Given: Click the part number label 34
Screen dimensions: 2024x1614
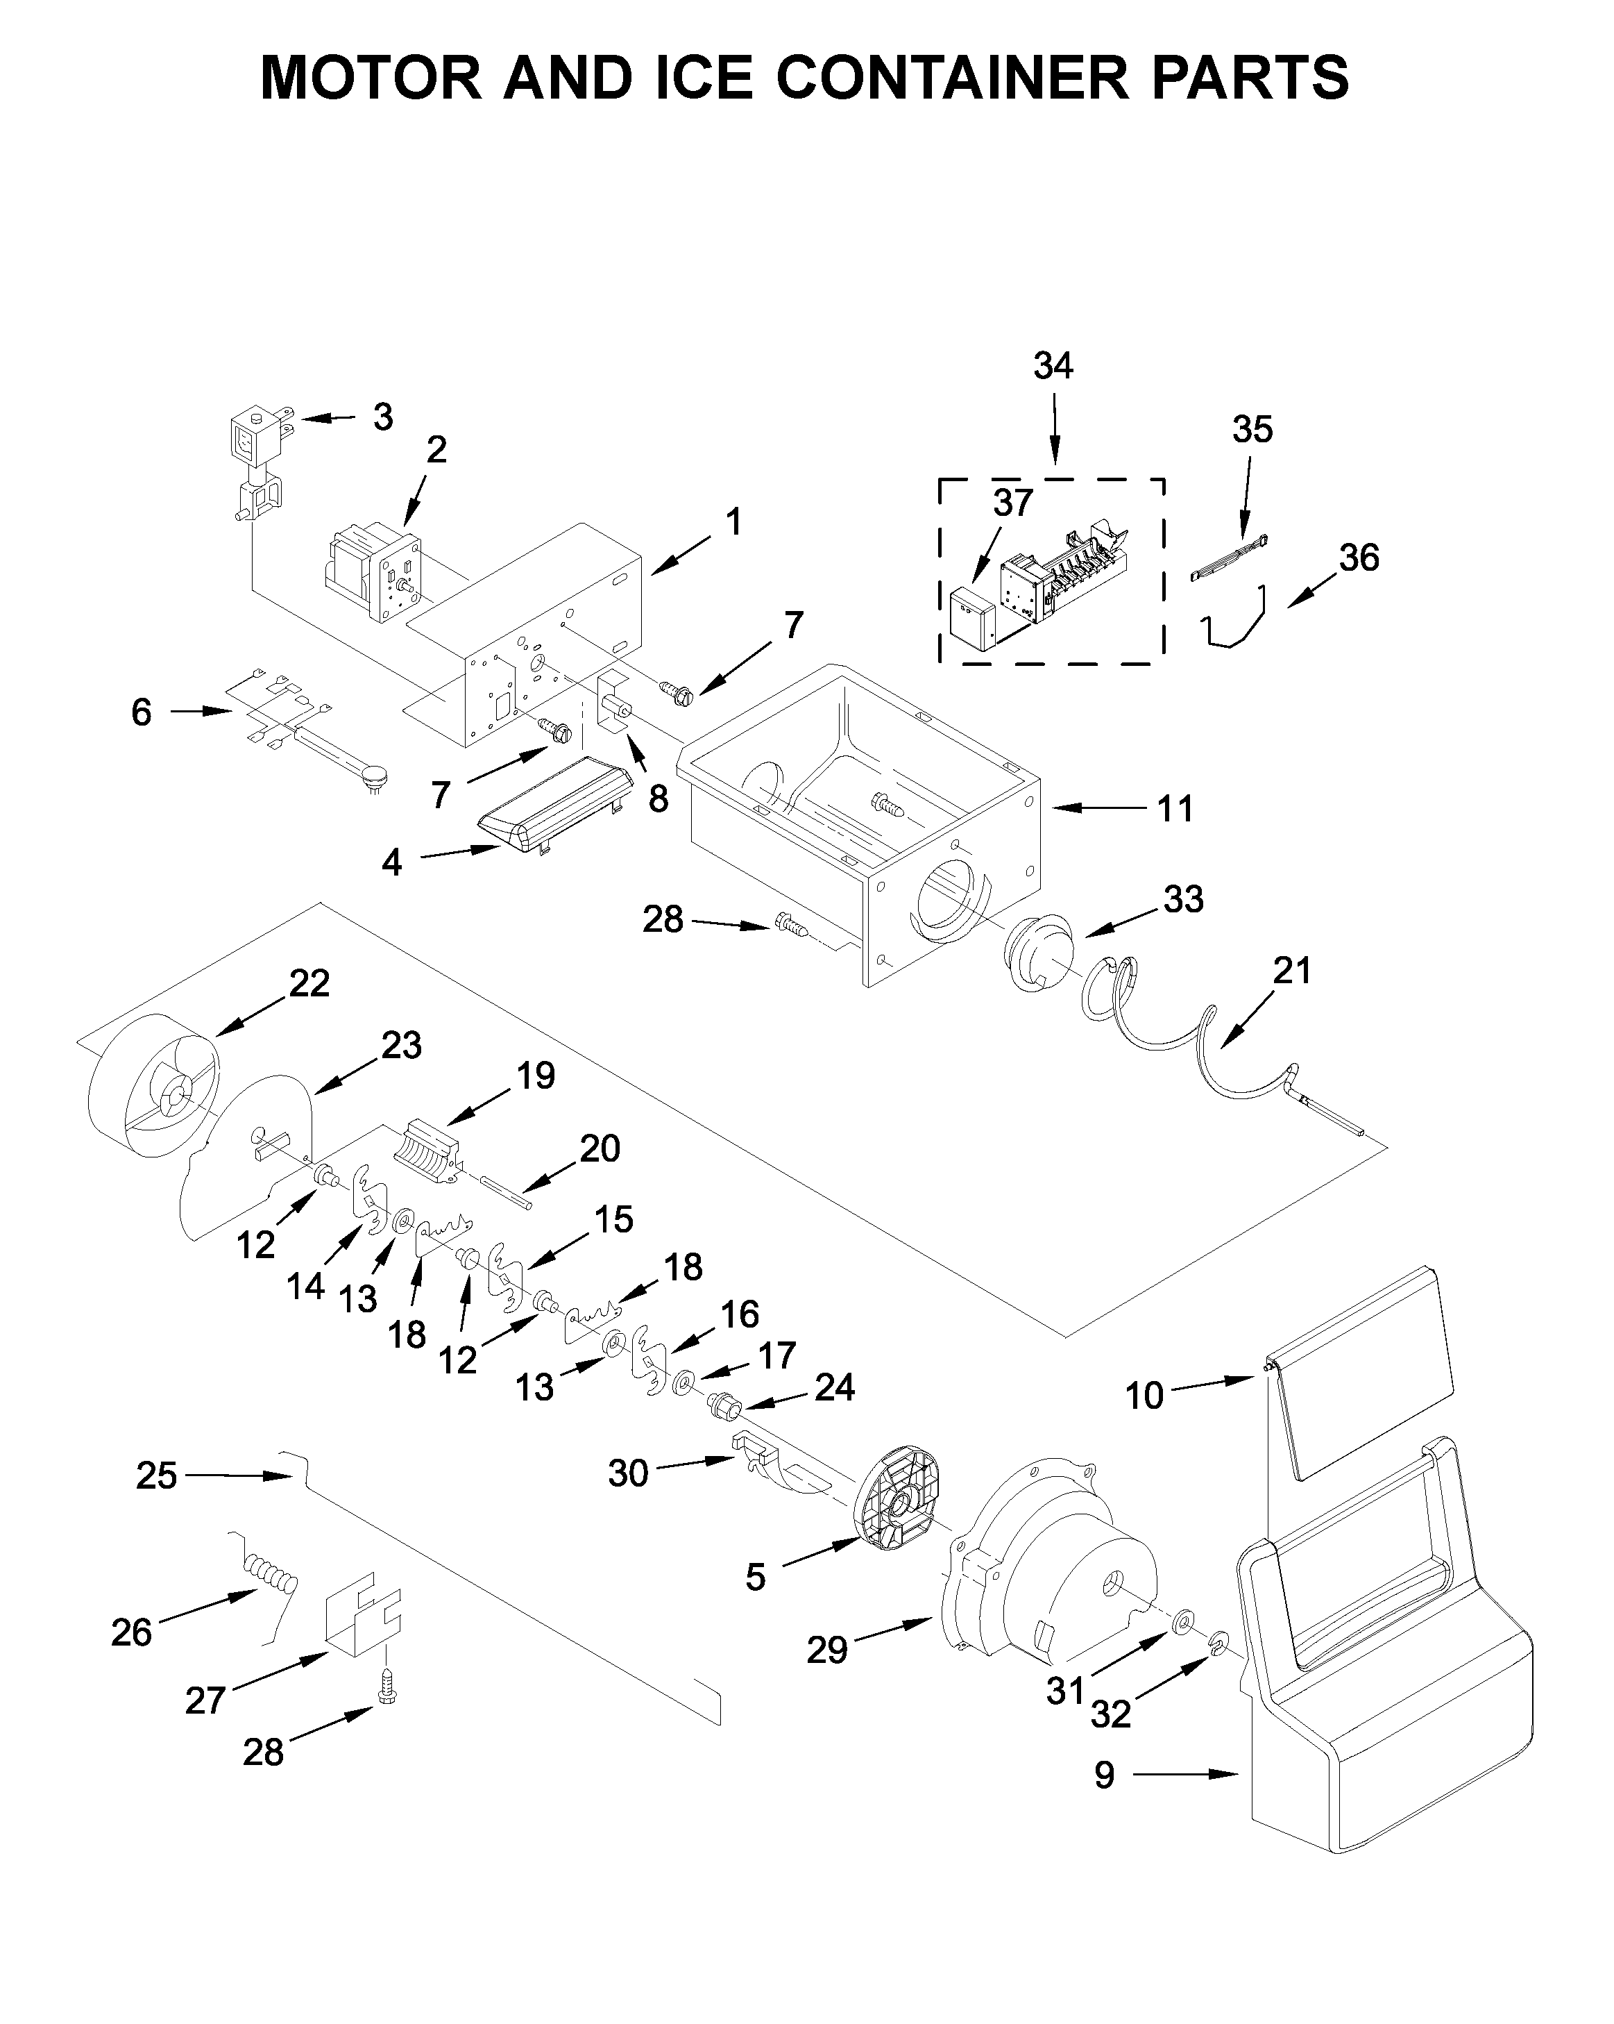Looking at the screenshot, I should coord(1053,365).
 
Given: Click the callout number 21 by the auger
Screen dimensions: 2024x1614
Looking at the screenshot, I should coord(1291,970).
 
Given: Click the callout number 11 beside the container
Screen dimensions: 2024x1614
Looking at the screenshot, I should coord(1175,809).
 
